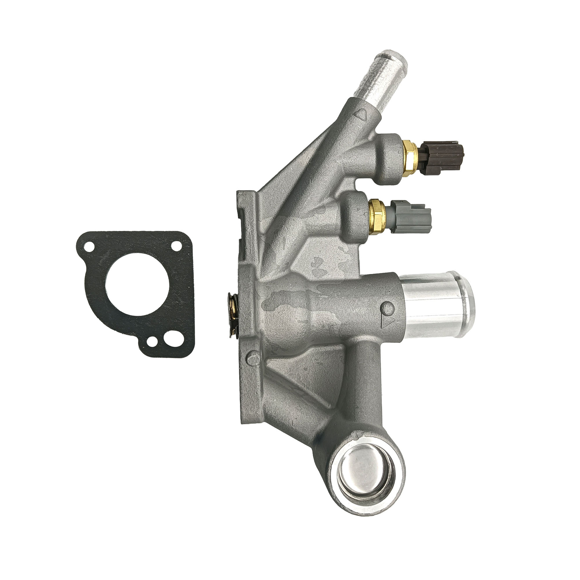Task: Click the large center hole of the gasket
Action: pyautogui.click(x=137, y=283)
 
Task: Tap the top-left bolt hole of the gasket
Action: pyautogui.click(x=88, y=247)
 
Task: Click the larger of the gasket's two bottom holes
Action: pyautogui.click(x=169, y=339)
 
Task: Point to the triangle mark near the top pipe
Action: pyautogui.click(x=361, y=115)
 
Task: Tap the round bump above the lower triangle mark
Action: pyautogui.click(x=388, y=308)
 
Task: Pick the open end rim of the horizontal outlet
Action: pyautogui.click(x=468, y=305)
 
